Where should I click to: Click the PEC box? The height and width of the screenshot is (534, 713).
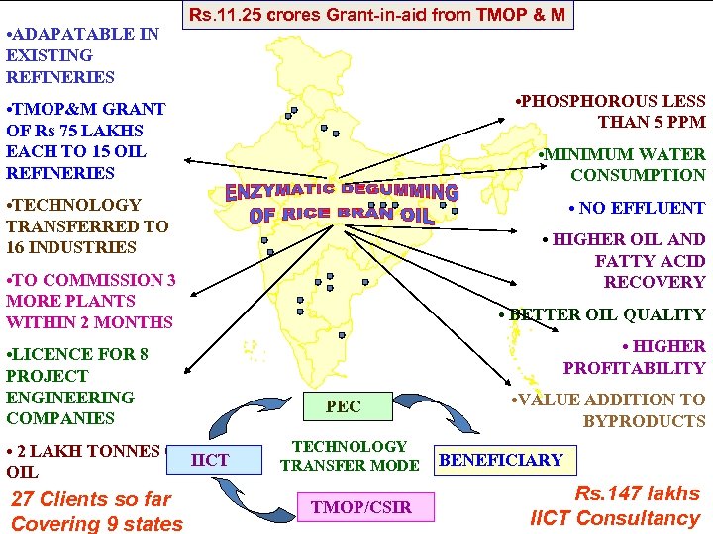point(343,406)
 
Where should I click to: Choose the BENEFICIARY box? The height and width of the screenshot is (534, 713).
point(501,460)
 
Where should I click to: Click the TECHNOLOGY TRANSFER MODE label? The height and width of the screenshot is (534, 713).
point(350,456)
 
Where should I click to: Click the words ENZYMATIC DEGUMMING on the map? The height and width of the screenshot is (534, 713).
point(343,191)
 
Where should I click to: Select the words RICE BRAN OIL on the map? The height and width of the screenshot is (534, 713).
point(343,214)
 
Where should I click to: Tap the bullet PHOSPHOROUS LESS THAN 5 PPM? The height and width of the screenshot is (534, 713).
point(610,111)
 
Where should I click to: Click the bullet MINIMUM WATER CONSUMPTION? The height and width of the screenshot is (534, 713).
point(621,164)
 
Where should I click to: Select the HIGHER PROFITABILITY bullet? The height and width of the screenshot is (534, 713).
point(635,357)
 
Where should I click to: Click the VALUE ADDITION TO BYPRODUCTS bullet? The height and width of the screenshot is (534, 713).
point(607,410)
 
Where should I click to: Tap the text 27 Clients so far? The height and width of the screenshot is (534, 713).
point(90,499)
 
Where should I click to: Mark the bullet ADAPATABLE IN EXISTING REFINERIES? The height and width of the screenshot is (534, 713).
point(81,55)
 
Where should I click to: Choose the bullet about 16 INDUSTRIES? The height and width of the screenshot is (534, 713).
point(87,225)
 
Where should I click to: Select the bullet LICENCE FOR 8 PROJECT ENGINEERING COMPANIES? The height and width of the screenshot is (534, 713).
point(77,386)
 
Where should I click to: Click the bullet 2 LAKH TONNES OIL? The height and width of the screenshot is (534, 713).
point(81,462)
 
